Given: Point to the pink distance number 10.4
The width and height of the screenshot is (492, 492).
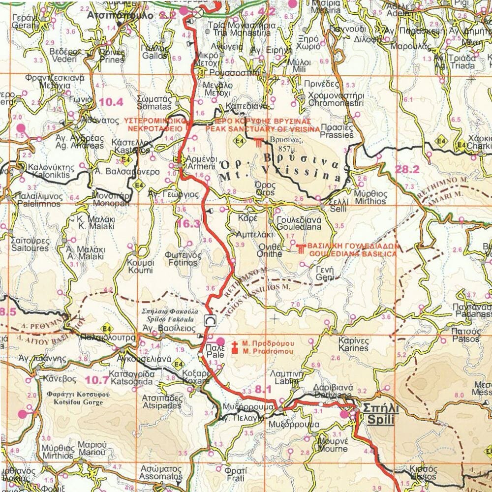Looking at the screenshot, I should (111, 102).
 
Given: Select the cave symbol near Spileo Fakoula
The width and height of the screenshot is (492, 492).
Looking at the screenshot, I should (210, 320).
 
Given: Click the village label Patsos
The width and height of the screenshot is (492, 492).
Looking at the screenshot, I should (465, 335).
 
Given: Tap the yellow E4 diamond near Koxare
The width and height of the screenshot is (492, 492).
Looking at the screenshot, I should (179, 365).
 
